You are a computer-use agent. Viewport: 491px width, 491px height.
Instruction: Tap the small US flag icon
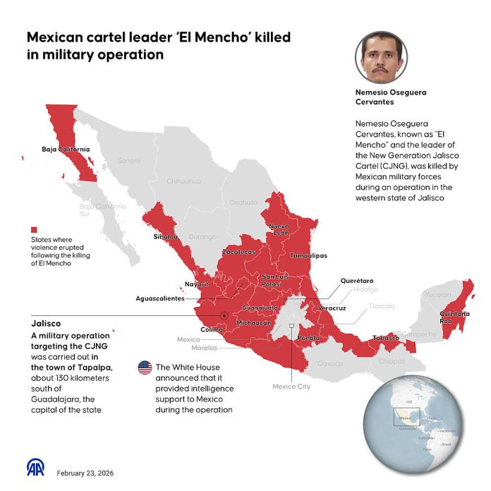pyautogui.click(x=145, y=368)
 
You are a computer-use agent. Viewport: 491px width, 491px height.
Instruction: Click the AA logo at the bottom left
pyautogui.click(x=35, y=468)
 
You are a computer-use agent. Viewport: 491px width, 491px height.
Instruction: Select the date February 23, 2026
pyautogui.click(x=85, y=473)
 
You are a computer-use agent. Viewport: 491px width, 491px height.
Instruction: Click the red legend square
pyautogui.click(x=32, y=230)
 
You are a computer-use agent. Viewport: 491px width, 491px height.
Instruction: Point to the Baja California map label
pyautogui.click(x=66, y=150)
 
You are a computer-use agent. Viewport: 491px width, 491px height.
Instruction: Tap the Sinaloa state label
pyautogui.click(x=166, y=236)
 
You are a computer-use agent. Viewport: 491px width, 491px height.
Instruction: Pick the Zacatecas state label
pyautogui.click(x=238, y=251)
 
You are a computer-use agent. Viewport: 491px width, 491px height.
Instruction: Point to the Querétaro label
pyautogui.click(x=356, y=281)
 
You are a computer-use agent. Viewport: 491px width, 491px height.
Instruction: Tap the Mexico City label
pyautogui.click(x=291, y=387)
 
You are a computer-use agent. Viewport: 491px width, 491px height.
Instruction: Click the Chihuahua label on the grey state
pyautogui.click(x=183, y=181)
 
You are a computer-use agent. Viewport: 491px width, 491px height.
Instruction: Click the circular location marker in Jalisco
pyautogui.click(x=224, y=315)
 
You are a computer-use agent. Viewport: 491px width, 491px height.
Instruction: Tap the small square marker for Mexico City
pyautogui.click(x=291, y=326)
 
